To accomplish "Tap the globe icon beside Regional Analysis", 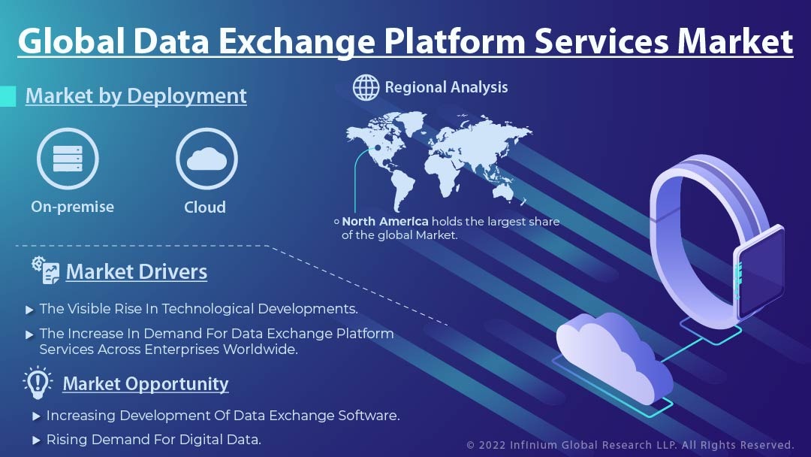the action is tap(366, 87).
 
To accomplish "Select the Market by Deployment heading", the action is tap(136, 95).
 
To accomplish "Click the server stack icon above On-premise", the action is tap(68, 159).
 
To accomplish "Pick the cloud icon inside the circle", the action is tap(207, 159).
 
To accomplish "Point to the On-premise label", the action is tap(72, 207).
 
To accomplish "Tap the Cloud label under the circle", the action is tap(205, 207).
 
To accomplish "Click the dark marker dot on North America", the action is tap(378, 147).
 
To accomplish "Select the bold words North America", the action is tap(384, 222).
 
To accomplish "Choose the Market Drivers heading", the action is tap(137, 271).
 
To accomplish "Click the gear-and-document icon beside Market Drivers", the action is tap(46, 270).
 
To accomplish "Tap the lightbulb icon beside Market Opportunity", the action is tap(38, 383).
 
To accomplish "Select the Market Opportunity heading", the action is tap(146, 384).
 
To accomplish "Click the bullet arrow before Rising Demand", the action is tap(36, 440).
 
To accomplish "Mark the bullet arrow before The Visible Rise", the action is tap(29, 310).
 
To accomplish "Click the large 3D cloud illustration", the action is tap(614, 358).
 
